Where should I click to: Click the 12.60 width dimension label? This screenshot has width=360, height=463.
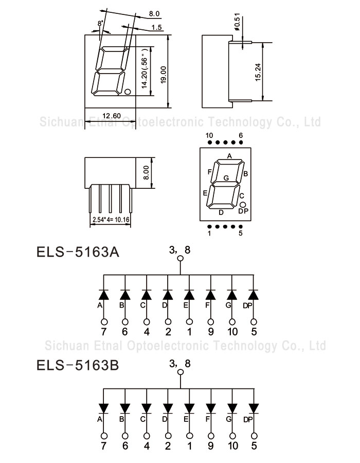(111, 116)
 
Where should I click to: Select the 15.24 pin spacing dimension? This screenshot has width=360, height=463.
(258, 72)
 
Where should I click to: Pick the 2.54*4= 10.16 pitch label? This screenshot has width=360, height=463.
(111, 220)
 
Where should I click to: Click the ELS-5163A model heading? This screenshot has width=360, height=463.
(77, 253)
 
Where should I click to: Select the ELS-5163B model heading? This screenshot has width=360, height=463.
(77, 365)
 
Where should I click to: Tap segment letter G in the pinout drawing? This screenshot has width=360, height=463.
(226, 178)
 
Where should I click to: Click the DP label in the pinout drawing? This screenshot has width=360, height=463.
(243, 211)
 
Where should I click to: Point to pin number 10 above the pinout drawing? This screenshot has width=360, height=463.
(209, 135)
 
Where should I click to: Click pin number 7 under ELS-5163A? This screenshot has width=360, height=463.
(103, 332)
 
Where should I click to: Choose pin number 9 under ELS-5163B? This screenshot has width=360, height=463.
(210, 445)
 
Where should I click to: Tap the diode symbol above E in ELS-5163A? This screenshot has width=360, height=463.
(189, 295)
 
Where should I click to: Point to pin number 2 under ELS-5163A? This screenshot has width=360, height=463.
(168, 332)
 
